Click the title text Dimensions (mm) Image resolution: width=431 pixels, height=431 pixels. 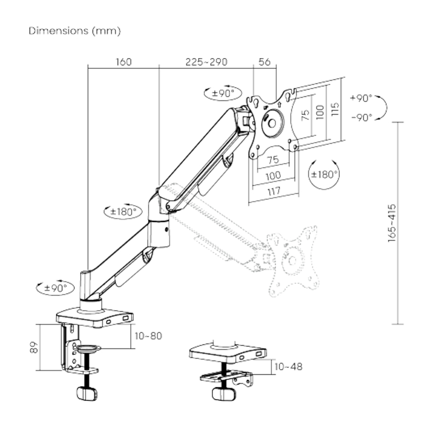click(75, 31)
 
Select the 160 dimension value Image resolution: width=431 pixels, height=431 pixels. click(123, 62)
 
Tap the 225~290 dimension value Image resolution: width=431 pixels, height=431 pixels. click(206, 62)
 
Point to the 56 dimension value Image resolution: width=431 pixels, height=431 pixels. click(265, 62)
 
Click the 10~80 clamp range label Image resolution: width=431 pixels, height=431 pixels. click(148, 336)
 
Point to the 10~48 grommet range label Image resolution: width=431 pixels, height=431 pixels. click(288, 367)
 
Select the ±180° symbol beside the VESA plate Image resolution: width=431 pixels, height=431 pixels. click(324, 173)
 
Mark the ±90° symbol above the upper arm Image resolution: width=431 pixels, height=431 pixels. click(221, 93)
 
